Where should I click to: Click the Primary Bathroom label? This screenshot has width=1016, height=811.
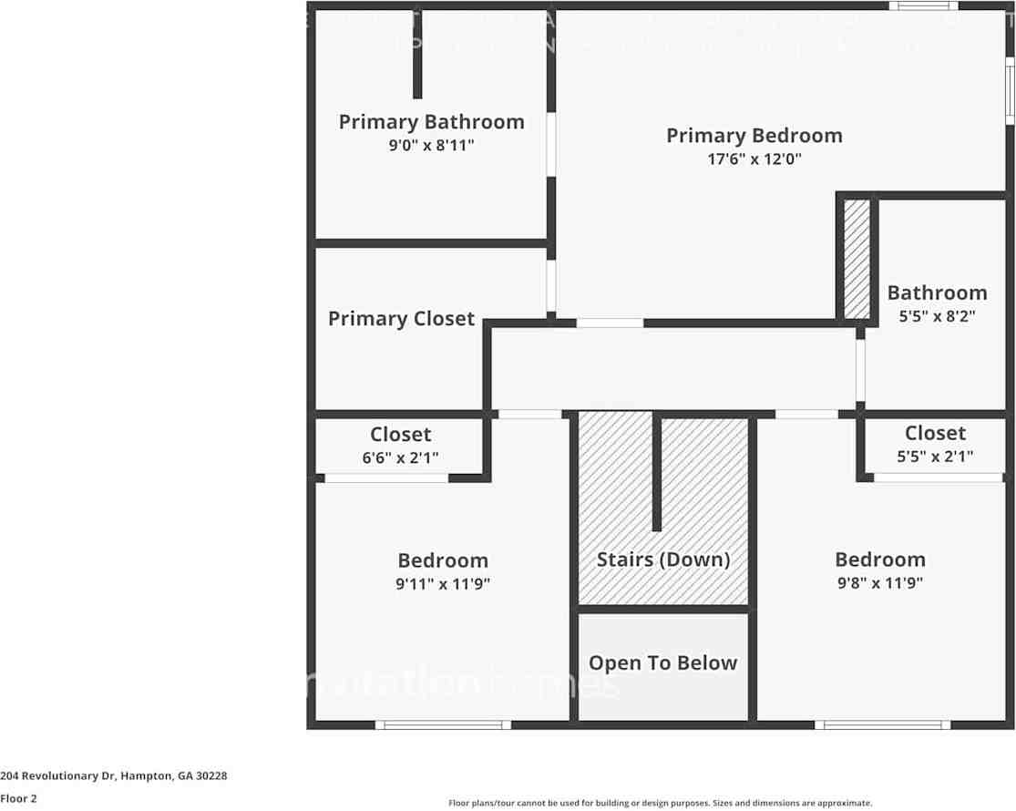[x=431, y=121]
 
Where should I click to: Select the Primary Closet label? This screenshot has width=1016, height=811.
[x=401, y=318]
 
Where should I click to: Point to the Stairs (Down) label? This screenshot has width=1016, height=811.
[x=663, y=559]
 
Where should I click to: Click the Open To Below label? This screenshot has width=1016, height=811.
[x=662, y=662]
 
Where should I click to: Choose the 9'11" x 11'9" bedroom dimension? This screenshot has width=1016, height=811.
[x=443, y=583]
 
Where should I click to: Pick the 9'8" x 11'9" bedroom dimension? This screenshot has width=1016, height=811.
[x=879, y=583]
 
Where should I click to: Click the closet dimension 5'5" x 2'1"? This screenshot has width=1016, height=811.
[x=935, y=456]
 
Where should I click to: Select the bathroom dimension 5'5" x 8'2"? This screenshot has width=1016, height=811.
[x=937, y=316]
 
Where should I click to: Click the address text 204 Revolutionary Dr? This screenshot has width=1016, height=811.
[x=114, y=775]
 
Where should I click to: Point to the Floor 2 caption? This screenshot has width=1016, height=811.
[x=18, y=798]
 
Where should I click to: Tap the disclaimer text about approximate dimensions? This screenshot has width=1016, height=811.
[x=660, y=803]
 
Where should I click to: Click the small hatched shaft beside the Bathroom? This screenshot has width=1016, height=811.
[x=857, y=259]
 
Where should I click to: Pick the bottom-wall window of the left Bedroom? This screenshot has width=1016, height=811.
[x=444, y=725]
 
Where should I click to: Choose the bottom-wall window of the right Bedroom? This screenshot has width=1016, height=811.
[x=882, y=725]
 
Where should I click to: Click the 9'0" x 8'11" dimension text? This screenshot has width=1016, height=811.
[x=431, y=144]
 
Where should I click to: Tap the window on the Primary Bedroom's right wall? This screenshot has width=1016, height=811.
[x=1010, y=90]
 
